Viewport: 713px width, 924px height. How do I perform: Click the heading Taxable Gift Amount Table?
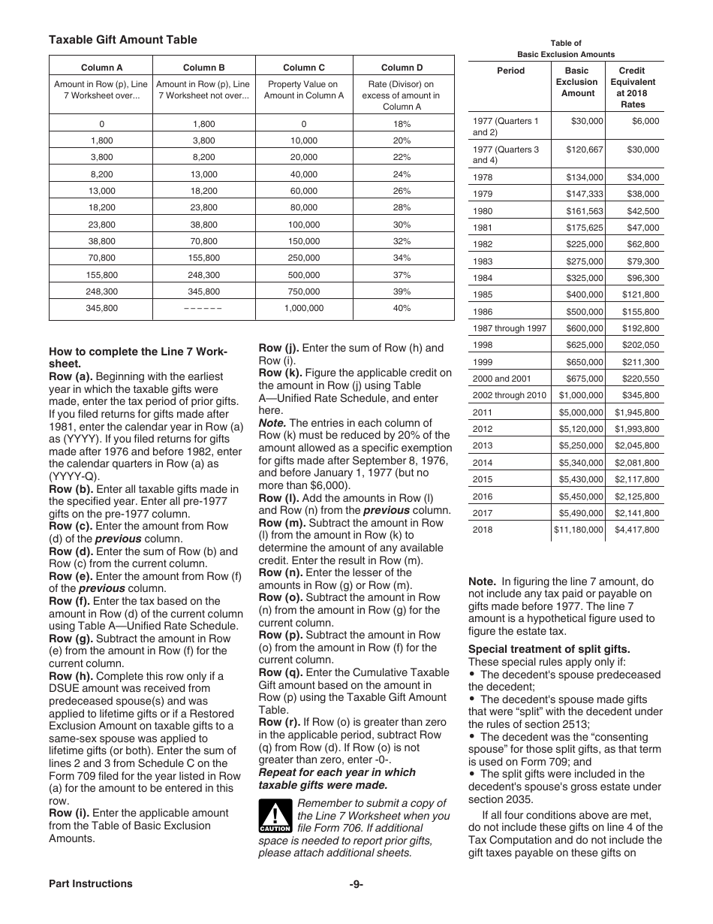pyautogui.click(x=123, y=40)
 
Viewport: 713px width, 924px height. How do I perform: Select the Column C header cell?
pyautogui.click(x=304, y=68)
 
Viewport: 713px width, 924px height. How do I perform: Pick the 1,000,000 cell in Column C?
pyautogui.click(x=304, y=308)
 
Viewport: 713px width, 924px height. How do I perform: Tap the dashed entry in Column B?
pyautogui.click(x=203, y=308)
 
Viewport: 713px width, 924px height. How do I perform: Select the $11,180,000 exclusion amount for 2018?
pyautogui.click(x=578, y=530)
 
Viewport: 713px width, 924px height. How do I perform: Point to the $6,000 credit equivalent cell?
pyautogui.click(x=645, y=121)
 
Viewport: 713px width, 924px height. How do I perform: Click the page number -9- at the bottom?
pyautogui.click(x=356, y=883)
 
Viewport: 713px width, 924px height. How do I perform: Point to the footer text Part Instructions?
pyautogui.click(x=90, y=883)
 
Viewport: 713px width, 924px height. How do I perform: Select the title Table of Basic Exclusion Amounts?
pyautogui.click(x=566, y=49)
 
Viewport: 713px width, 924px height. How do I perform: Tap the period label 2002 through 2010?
pyautogui.click(x=510, y=395)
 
